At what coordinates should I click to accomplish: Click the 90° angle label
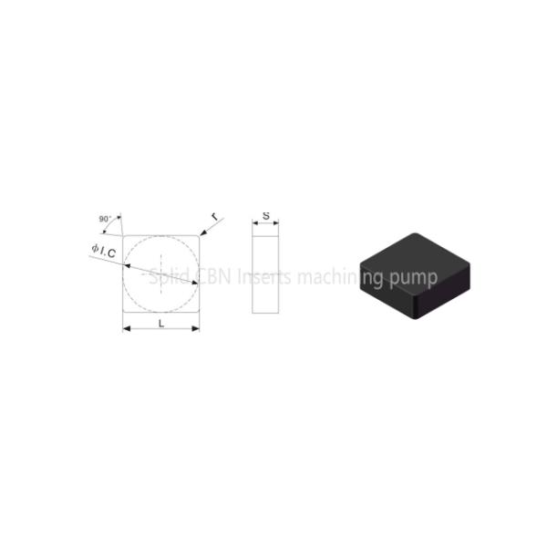click(x=105, y=219)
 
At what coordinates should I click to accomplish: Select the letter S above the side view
click(x=265, y=216)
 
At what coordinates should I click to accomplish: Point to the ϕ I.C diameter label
click(x=103, y=253)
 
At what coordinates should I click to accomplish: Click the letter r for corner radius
click(x=214, y=217)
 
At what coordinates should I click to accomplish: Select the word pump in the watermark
click(x=414, y=278)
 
